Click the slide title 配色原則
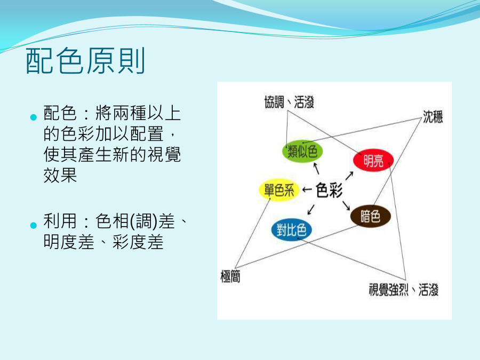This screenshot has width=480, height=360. [x=85, y=61]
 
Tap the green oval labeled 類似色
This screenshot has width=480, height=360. [x=302, y=151]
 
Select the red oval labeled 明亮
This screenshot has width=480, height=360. [x=373, y=160]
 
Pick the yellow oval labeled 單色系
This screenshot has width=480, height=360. [x=279, y=190]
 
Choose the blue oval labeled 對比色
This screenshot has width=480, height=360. [x=291, y=229]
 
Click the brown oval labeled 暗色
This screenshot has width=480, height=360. [x=371, y=216]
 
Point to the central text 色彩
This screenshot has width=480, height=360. [x=330, y=190]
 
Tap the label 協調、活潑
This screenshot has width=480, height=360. [x=289, y=102]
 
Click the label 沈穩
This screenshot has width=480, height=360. [x=433, y=117]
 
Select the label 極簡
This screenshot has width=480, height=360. [x=230, y=276]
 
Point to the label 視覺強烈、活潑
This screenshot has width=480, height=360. [x=404, y=290]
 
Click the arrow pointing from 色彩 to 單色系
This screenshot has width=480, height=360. [x=307, y=190]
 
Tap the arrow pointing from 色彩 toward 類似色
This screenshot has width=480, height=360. [x=316, y=169]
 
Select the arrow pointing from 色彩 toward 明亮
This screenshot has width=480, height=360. [x=349, y=175]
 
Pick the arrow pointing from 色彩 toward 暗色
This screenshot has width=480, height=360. [x=346, y=205]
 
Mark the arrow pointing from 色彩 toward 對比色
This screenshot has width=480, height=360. [x=311, y=210]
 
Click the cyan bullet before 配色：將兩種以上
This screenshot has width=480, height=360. [x=34, y=117]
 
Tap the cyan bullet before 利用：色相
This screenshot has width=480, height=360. [x=34, y=226]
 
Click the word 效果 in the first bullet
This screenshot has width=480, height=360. [x=60, y=175]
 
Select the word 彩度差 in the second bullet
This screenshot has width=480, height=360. [x=138, y=242]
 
